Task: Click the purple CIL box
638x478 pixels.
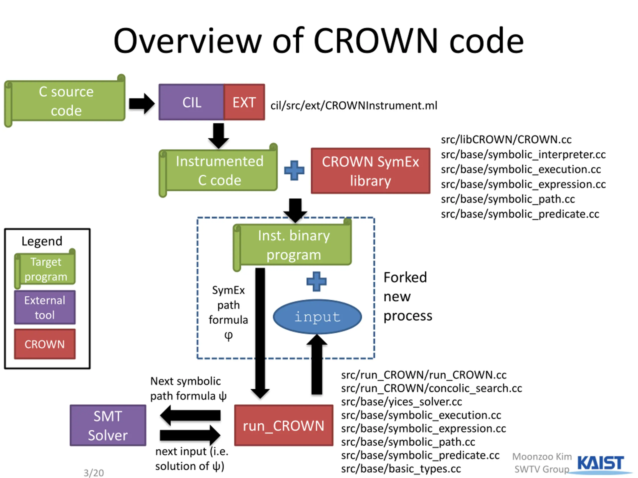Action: [191, 102]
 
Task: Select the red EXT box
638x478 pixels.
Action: [244, 102]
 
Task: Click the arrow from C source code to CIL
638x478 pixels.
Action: [142, 103]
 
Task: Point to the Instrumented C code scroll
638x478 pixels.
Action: [218, 170]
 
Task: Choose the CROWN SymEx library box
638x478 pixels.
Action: [370, 171]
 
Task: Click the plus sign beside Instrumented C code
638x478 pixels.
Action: [294, 170]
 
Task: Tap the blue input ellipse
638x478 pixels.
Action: [317, 317]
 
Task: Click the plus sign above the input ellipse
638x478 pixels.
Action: [317, 282]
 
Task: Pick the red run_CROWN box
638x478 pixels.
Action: [284, 425]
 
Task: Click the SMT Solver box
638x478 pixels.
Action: [108, 425]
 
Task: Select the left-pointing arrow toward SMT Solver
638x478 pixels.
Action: [190, 416]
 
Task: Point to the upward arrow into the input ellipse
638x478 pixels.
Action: [317, 364]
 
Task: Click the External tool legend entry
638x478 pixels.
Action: [45, 307]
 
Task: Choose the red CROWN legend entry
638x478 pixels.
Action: [45, 344]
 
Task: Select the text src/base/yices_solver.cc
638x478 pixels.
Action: [401, 402]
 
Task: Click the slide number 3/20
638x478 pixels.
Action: [94, 473]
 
